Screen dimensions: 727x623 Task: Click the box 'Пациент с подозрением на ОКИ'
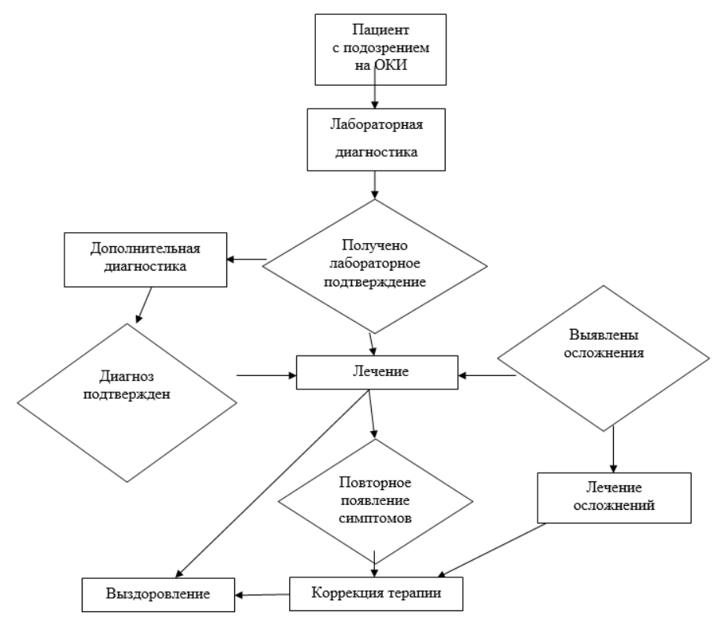click(x=380, y=50)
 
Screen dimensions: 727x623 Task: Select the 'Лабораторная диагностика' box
click(x=376, y=140)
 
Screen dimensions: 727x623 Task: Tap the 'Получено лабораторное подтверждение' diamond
click(x=375, y=267)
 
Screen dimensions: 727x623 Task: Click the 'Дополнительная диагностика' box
click(x=145, y=260)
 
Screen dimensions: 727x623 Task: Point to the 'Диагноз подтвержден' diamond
click(x=127, y=403)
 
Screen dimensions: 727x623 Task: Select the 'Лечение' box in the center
click(x=377, y=373)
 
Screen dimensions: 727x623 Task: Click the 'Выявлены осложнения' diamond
click(x=603, y=358)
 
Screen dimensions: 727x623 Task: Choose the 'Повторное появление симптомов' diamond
click(x=375, y=501)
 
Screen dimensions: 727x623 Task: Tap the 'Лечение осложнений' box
click(x=614, y=498)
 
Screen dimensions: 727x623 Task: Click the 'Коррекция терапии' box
click(x=376, y=594)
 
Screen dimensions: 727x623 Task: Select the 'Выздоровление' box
click(x=158, y=595)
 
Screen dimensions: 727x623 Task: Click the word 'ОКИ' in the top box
click(x=391, y=65)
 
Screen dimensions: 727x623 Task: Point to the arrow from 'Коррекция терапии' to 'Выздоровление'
click(x=263, y=595)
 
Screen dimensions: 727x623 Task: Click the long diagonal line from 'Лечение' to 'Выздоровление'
click(x=273, y=483)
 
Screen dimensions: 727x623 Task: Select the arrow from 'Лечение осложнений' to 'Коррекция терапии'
click(x=491, y=551)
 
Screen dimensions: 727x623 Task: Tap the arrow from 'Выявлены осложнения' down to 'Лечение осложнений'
click(x=613, y=449)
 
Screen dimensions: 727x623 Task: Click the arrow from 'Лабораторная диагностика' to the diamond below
click(x=375, y=185)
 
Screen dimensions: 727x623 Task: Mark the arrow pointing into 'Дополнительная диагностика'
click(x=247, y=260)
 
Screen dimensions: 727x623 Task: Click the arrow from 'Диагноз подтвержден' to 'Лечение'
click(x=266, y=375)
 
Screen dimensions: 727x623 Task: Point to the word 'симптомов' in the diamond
click(x=375, y=518)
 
